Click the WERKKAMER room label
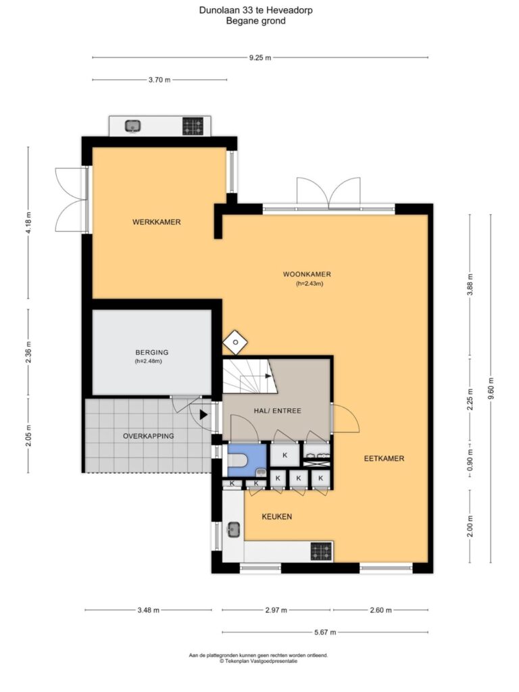pos(157,222)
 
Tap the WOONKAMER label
pos(307,274)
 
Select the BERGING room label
pos(152,352)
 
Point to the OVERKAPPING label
pos(148,436)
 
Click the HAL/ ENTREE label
pos(278,410)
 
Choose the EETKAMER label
pos(384,459)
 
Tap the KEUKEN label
pos(276,517)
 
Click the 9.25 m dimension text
pos(260,57)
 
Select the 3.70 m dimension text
pos(159,80)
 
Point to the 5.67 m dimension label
pos(325,633)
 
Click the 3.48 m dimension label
pos(148,610)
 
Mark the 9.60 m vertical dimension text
pos(491,389)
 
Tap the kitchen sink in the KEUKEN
pos(233,528)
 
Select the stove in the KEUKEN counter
pos(321,551)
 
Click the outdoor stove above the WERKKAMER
pos(193,126)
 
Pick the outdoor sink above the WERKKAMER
pos(133,126)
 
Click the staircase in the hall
pos(249,376)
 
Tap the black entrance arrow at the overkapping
pos(203,415)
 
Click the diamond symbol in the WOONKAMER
pos(235,343)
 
